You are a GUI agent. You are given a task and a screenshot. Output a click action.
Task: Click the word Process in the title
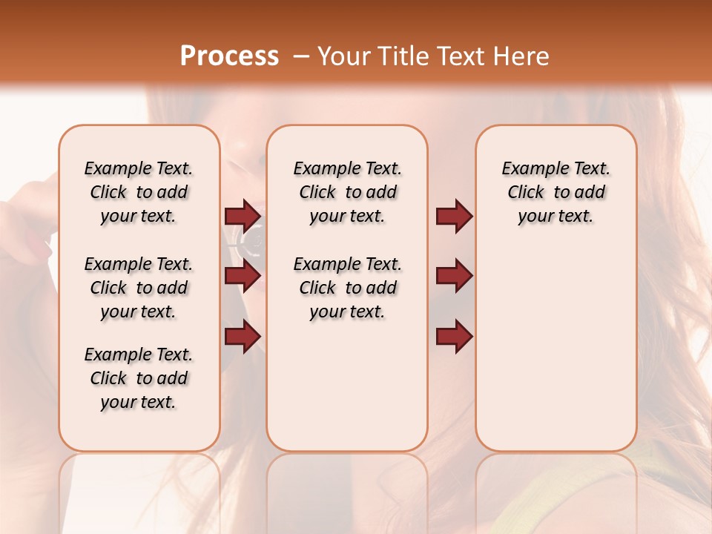click(229, 56)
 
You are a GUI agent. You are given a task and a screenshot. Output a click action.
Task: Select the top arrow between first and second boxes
click(243, 217)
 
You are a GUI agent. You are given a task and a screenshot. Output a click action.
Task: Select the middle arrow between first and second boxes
click(243, 277)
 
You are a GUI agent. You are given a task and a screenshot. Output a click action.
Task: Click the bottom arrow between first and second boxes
click(243, 335)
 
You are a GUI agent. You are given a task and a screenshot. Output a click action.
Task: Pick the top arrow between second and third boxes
click(454, 217)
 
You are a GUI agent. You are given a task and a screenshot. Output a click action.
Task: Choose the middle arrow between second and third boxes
click(454, 277)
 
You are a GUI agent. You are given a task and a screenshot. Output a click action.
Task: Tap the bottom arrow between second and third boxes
click(454, 336)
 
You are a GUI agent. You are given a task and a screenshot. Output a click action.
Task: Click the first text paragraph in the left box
click(139, 192)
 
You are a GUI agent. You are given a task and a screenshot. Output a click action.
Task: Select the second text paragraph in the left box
click(139, 288)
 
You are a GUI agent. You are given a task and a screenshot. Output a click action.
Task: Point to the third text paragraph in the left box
click(139, 378)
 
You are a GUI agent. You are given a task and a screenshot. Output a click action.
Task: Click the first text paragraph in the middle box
click(348, 192)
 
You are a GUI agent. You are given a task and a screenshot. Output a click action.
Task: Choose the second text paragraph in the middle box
click(348, 288)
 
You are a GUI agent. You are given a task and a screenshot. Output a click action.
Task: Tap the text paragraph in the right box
click(556, 192)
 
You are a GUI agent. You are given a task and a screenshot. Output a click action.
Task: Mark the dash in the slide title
click(302, 57)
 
